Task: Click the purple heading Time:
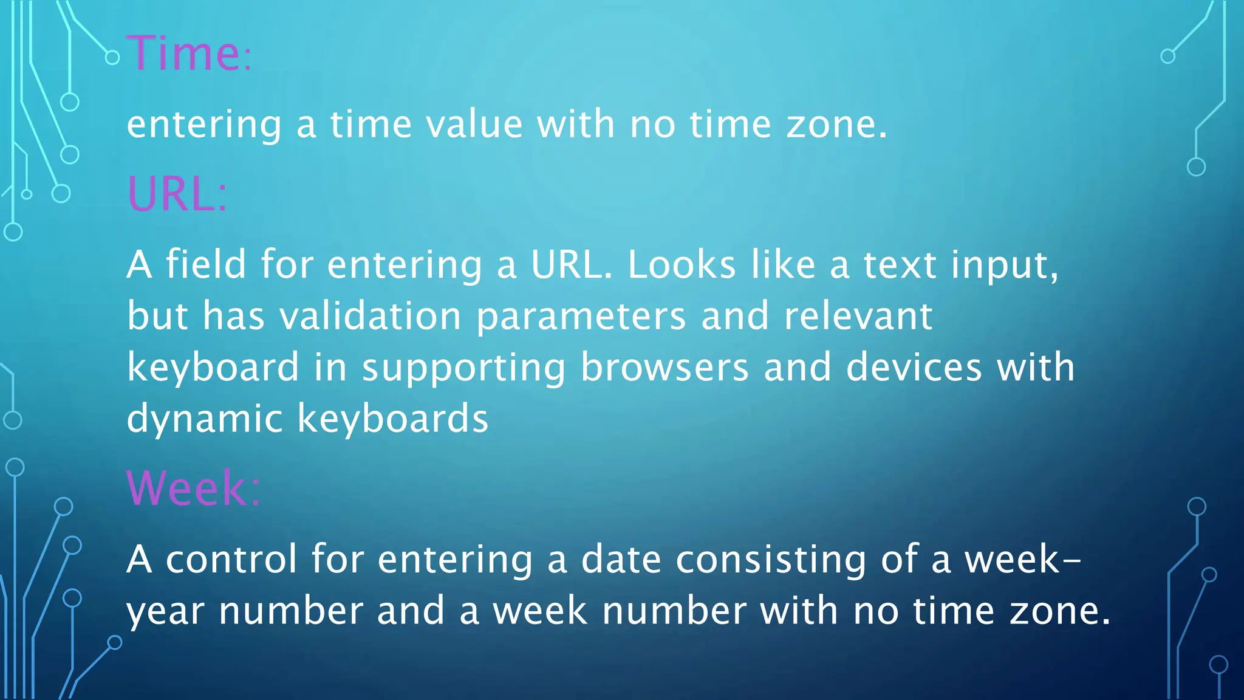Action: coord(188,53)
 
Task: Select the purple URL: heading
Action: coord(177,194)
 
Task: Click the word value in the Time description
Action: coord(474,124)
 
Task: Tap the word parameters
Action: coord(581,317)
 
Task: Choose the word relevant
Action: coord(858,316)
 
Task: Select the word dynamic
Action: coord(205,420)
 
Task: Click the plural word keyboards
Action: coord(393,419)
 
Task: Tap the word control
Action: coord(231,559)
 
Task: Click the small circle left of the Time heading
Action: coord(112,58)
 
